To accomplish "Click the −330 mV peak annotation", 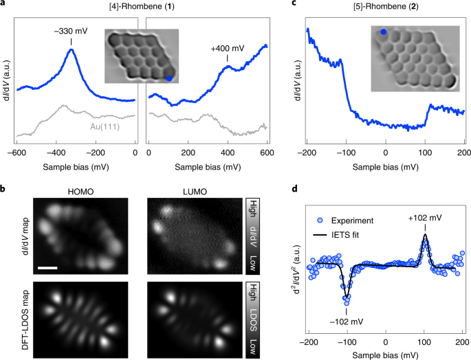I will click(x=71, y=32).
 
